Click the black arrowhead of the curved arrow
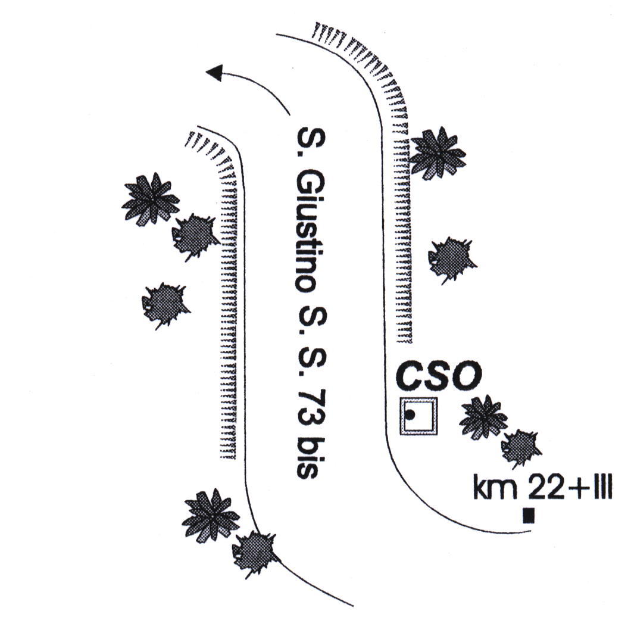coord(214,73)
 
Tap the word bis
coord(306,458)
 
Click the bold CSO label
coord(439,376)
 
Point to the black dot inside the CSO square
coord(410,414)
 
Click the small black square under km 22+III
coord(528,515)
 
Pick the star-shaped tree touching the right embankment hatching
coord(438,153)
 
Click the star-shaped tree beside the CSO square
coord(483,417)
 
